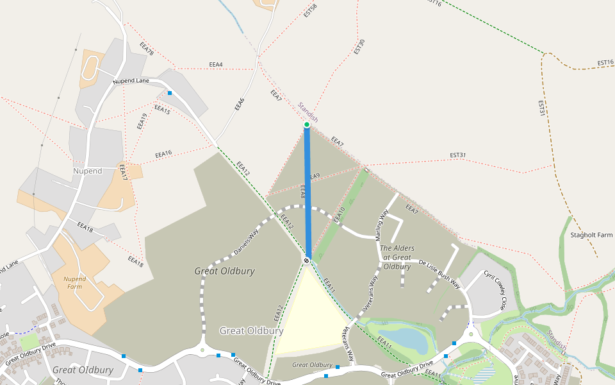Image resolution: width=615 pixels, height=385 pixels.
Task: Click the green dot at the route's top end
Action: (x=307, y=124)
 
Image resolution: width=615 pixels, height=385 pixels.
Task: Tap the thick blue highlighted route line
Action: (x=307, y=193)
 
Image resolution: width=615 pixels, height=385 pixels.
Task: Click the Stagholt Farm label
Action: (x=591, y=235)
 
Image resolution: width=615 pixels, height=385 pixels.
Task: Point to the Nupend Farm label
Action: (x=75, y=282)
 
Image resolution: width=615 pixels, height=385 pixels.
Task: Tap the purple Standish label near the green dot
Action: (x=307, y=112)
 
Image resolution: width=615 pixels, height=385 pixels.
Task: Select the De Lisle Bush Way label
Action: (x=439, y=273)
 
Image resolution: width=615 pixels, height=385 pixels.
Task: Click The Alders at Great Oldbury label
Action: (x=397, y=257)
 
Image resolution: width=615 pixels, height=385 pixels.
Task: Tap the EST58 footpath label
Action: (x=311, y=11)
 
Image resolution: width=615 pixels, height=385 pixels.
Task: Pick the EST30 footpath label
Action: (x=359, y=46)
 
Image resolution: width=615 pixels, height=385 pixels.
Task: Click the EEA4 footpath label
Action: (x=216, y=65)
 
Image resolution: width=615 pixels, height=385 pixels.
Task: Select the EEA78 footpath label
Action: (x=147, y=49)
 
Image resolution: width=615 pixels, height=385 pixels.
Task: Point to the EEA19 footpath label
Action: (x=142, y=121)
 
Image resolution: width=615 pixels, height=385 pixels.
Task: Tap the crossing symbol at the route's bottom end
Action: (x=307, y=260)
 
